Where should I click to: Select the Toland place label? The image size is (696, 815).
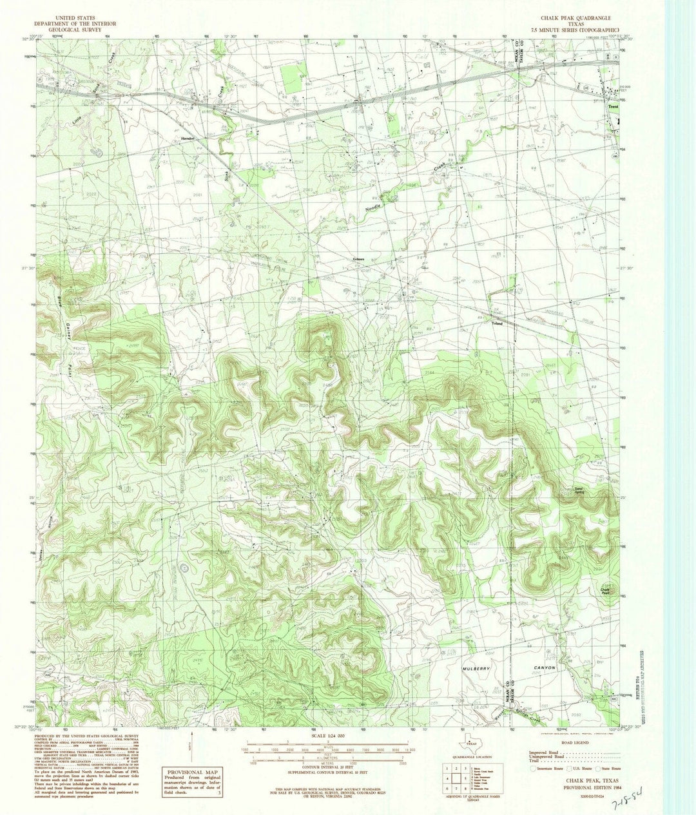pos(497,323)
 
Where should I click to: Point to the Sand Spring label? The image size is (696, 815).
pos(579,491)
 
